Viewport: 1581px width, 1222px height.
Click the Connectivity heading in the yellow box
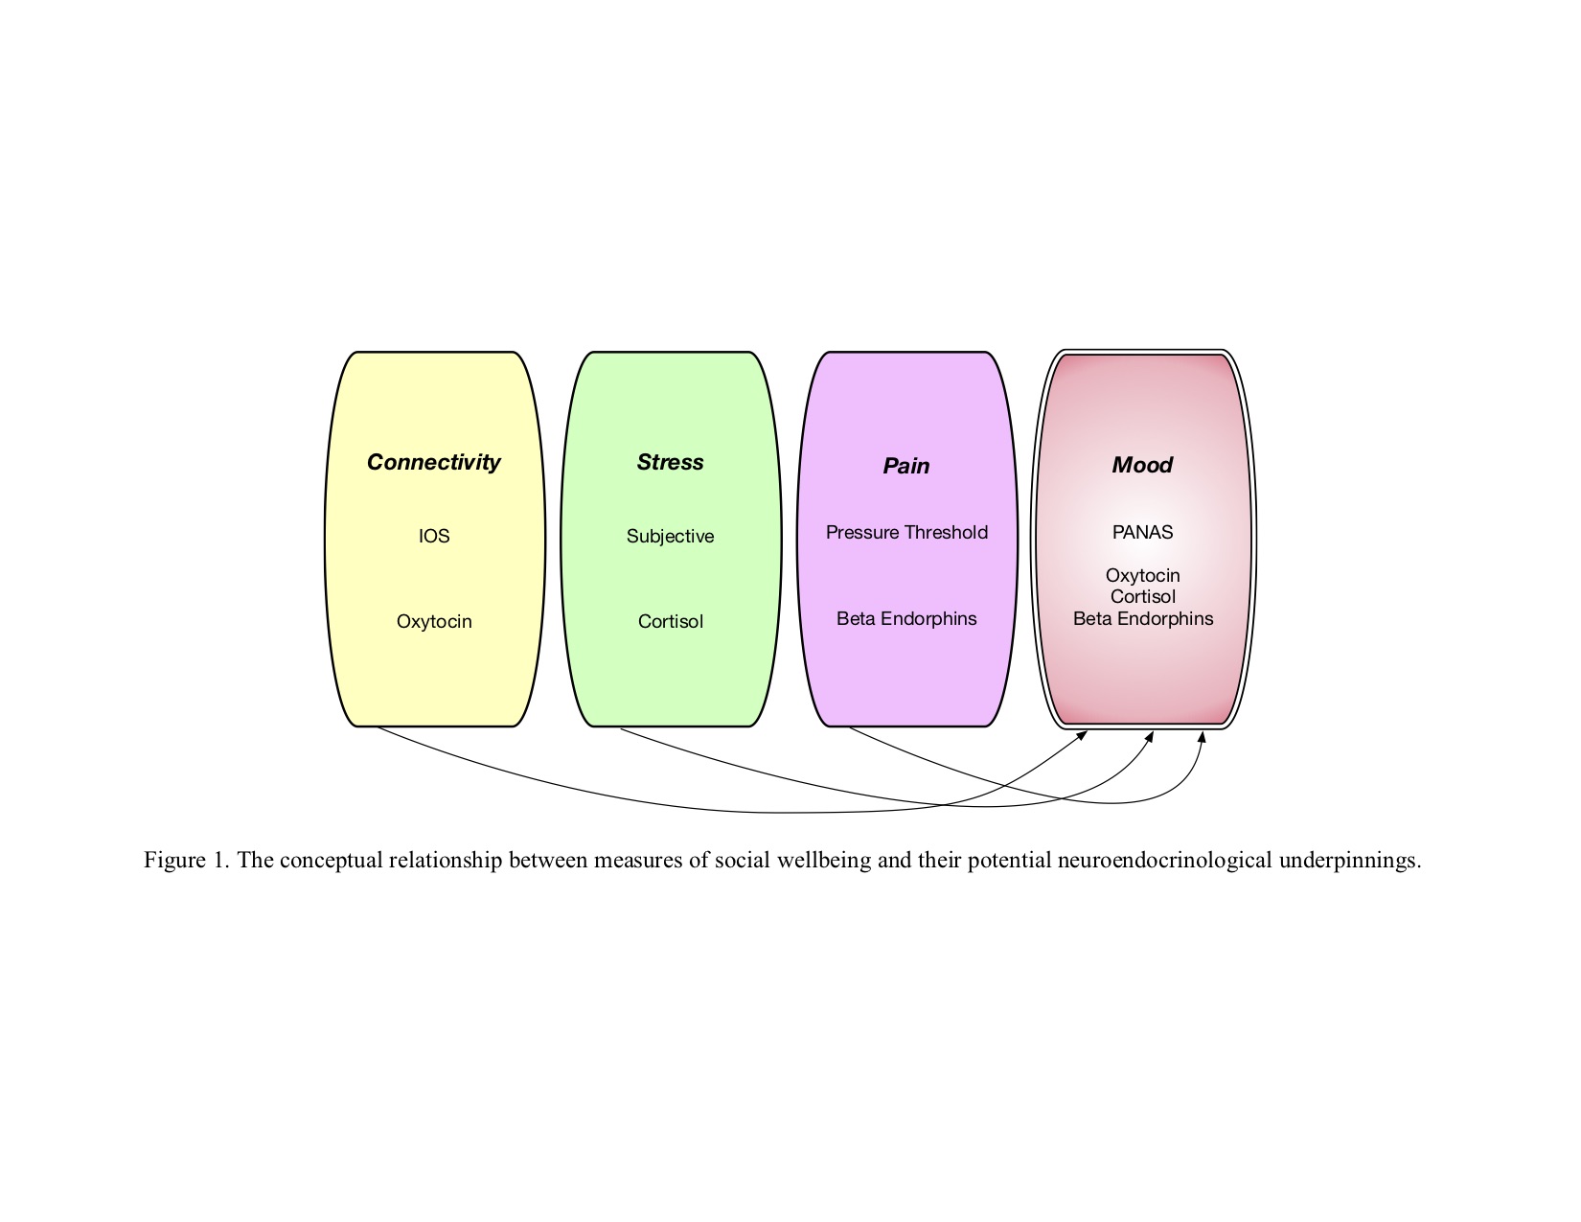pos(434,462)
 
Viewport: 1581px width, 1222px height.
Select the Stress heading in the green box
pos(670,461)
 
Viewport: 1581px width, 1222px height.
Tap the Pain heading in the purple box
pos(905,466)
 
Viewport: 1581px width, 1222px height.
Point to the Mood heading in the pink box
pos(1142,465)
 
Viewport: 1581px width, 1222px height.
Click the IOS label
pos(434,537)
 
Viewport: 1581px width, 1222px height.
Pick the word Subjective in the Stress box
pos(670,537)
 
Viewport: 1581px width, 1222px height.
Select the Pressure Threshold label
pos(906,533)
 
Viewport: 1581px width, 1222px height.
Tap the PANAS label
pos(1142,533)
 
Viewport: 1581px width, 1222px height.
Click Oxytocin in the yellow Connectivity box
pos(434,622)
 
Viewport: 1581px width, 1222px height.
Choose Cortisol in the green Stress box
pos(670,622)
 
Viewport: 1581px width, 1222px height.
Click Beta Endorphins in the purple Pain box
pos(906,618)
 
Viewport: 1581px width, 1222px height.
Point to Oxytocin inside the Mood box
pos(1142,576)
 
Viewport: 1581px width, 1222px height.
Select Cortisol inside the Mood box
pos(1142,597)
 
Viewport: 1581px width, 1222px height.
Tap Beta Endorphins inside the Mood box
pos(1143,618)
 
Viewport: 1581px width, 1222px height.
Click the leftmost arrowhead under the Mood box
pos(1082,736)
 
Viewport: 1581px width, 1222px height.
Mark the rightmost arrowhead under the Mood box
pos(1202,737)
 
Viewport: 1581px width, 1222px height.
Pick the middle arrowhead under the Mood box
pos(1150,736)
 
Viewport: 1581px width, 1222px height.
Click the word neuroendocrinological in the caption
pos(1165,861)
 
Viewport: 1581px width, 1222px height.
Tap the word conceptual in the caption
pos(331,861)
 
